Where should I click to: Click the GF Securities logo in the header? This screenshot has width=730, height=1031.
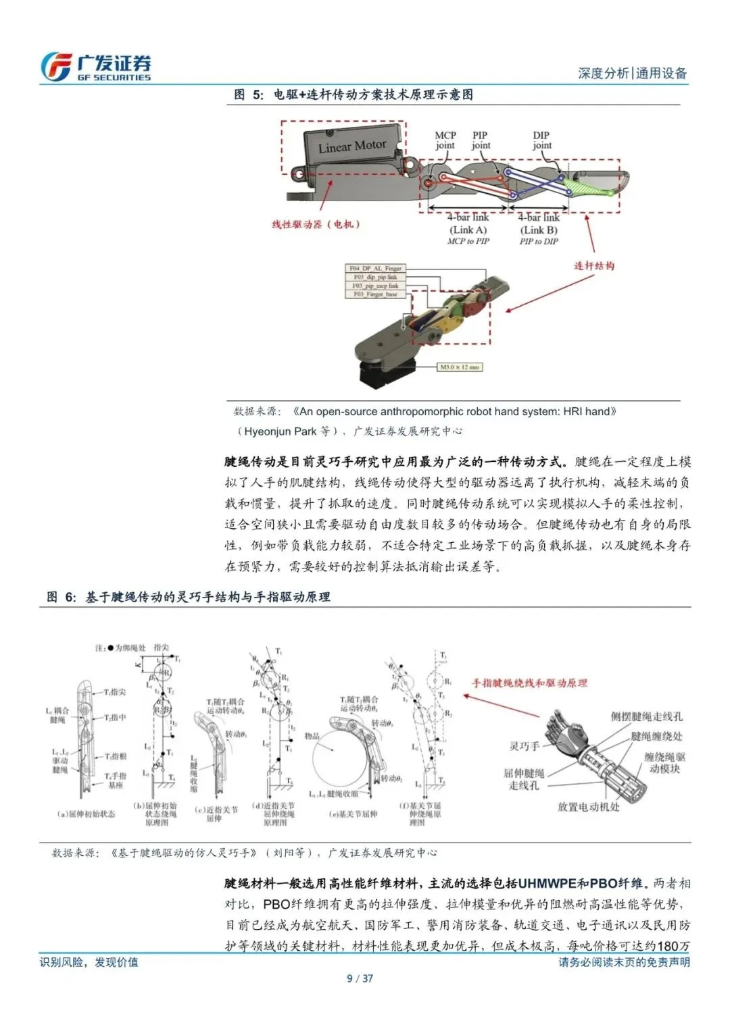[95, 67]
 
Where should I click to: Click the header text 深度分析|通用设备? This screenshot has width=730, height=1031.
[632, 74]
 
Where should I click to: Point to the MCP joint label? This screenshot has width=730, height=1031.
[445, 140]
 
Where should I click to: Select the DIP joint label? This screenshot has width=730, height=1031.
[541, 140]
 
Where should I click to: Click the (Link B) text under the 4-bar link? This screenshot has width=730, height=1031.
[539, 230]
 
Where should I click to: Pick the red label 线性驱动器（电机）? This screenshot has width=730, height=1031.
[316, 224]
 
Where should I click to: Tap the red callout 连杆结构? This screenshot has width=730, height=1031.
[595, 265]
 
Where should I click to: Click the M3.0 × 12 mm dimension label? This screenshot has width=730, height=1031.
[460, 367]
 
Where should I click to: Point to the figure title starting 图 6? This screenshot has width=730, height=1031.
[189, 597]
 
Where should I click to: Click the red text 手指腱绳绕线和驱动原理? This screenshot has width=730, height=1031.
[529, 683]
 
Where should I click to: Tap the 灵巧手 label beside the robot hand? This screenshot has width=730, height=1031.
[525, 746]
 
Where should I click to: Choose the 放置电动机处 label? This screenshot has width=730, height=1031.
[588, 806]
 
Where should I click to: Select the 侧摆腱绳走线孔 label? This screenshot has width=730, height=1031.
[647, 716]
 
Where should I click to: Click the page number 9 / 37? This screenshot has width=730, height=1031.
[360, 978]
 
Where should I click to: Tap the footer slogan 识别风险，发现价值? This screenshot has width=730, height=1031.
[89, 961]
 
